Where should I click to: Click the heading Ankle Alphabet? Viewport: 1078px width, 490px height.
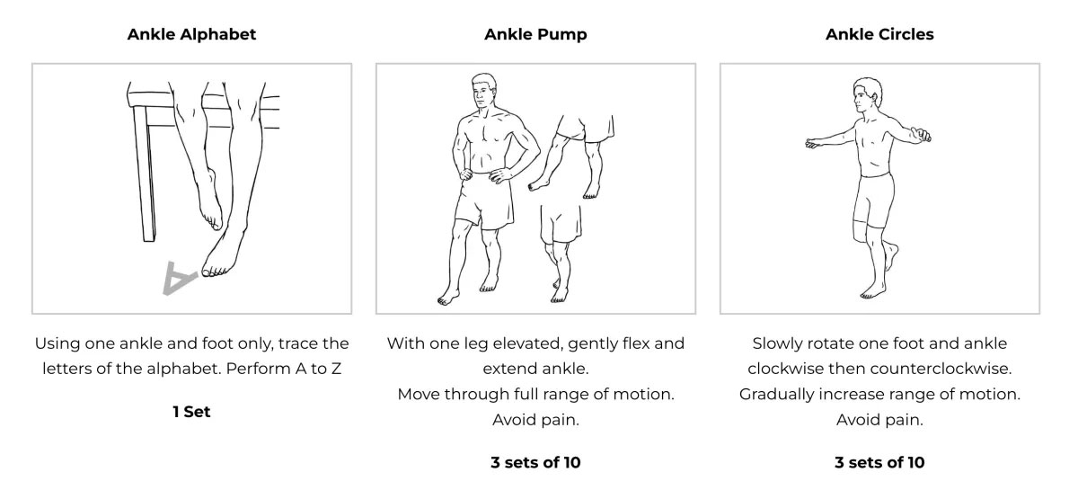pos(191,34)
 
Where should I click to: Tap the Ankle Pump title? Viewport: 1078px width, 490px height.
pos(535,34)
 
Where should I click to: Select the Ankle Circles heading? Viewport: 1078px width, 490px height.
pos(879,34)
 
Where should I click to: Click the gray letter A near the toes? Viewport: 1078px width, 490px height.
pos(179,278)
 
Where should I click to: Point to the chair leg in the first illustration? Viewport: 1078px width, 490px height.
pos(145,174)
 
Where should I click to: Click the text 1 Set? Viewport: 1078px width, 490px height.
pos(191,412)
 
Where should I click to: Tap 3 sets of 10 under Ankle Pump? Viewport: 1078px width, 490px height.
pos(535,462)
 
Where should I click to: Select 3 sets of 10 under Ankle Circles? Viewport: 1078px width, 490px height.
pos(879,462)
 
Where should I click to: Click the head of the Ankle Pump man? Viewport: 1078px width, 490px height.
pos(483,93)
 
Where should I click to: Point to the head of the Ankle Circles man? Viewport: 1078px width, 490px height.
pos(867,95)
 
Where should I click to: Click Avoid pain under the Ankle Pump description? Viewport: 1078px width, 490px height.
pos(535,420)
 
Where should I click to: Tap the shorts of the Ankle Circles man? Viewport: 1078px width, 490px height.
pos(873,200)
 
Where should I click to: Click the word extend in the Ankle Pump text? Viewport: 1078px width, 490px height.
pos(509,369)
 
